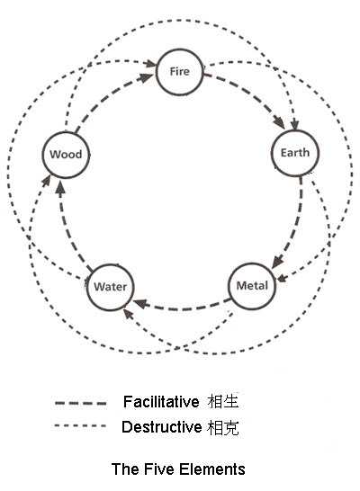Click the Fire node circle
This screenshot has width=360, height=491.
[x=179, y=49]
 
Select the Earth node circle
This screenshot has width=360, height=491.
[x=295, y=130]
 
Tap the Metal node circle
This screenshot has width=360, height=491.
[x=252, y=263]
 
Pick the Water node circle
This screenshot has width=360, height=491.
[x=111, y=264]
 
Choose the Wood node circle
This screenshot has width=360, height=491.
[x=66, y=132]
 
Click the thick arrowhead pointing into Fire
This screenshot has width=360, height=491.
[x=147, y=77]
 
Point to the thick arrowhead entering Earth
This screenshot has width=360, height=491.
[x=278, y=122]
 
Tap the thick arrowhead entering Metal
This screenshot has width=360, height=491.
[x=277, y=262]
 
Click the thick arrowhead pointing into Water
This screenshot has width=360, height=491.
[x=140, y=303]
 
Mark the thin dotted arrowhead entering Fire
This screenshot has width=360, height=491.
[x=150, y=64]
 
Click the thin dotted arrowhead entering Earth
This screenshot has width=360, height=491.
[x=294, y=125]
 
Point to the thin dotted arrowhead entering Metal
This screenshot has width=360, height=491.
[x=282, y=278]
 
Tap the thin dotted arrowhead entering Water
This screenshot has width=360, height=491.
[x=128, y=314]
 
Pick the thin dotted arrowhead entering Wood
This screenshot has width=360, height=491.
[x=47, y=181]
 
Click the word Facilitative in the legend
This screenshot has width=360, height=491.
[x=161, y=402]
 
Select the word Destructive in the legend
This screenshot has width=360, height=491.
[x=162, y=427]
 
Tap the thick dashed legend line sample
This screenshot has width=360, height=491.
[x=80, y=403]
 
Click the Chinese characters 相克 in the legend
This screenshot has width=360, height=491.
[x=223, y=427]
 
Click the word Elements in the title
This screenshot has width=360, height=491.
[x=212, y=469]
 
